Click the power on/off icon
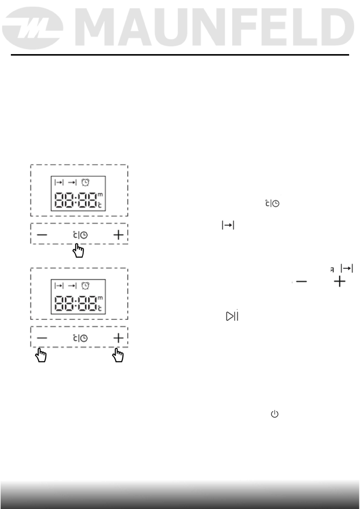[274, 414]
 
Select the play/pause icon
[232, 316]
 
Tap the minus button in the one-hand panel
[42, 235]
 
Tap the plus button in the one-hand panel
[118, 235]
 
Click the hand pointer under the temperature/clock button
[79, 251]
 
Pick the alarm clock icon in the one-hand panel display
[86, 182]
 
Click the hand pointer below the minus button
[41, 355]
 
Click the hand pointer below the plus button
[118, 355]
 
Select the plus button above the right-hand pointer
[118, 338]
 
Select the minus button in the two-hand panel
[42, 338]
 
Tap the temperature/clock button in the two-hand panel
[80, 338]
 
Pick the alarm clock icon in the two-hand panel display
[86, 286]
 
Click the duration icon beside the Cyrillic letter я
[347, 268]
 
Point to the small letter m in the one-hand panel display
[100, 195]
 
